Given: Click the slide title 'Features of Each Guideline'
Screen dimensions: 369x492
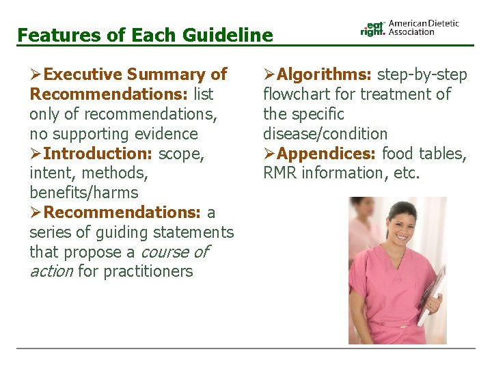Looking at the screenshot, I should click(x=144, y=35).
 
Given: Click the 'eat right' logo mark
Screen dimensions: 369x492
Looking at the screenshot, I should click(x=373, y=27).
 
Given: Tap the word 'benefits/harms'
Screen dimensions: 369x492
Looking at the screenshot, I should click(x=83, y=193).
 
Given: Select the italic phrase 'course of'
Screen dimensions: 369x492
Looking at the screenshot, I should click(x=174, y=252).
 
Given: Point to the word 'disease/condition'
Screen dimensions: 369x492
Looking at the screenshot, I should click(x=325, y=134).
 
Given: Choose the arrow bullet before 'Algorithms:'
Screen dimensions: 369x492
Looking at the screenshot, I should click(x=269, y=74).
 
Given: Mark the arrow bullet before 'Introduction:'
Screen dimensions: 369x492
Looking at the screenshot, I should click(x=36, y=154).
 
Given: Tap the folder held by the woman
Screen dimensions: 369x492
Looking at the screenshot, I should click(x=432, y=294).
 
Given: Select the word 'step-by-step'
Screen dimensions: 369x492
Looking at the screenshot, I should click(x=422, y=74).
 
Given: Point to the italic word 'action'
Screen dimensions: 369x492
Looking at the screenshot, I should click(x=51, y=272).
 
